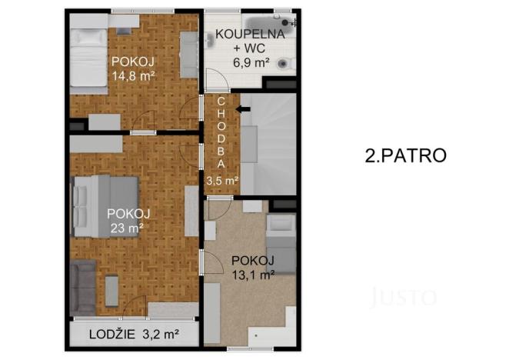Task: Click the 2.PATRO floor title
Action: click(404, 155)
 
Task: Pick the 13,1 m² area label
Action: click(253, 273)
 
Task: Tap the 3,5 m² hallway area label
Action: click(221, 180)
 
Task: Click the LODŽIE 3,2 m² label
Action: click(134, 335)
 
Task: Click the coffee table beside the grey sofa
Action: click(112, 291)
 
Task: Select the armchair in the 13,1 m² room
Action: click(282, 227)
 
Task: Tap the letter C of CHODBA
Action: click(221, 102)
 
